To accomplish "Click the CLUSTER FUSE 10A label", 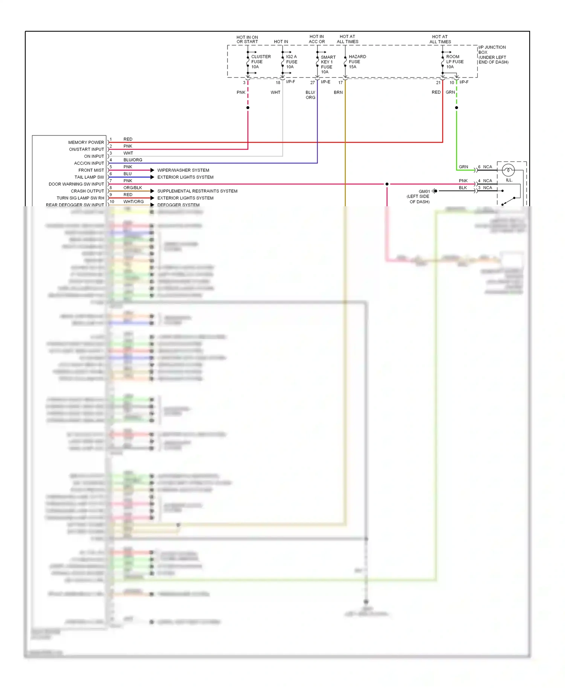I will coord(260,62).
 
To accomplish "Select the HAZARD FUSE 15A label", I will coord(357,62).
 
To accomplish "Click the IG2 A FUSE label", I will coord(291,62).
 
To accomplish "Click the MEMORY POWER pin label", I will coord(86,142).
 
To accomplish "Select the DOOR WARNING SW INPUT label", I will coord(76,184).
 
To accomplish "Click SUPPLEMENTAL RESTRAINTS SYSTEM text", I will coord(197,191).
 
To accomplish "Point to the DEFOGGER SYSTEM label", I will coord(178,205).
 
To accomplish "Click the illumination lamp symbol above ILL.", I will coord(508,170).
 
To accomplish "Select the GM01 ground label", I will coord(424,192).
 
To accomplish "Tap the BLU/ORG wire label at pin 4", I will coord(133,160).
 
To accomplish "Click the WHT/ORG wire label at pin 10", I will coord(133,202).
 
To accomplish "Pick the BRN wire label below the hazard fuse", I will coord(338,92).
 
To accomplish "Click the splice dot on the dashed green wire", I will coord(457,108).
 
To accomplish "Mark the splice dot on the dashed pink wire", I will coord(248,108).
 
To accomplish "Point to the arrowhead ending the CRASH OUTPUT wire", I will coord(152,191).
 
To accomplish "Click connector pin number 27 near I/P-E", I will coord(312,83).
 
